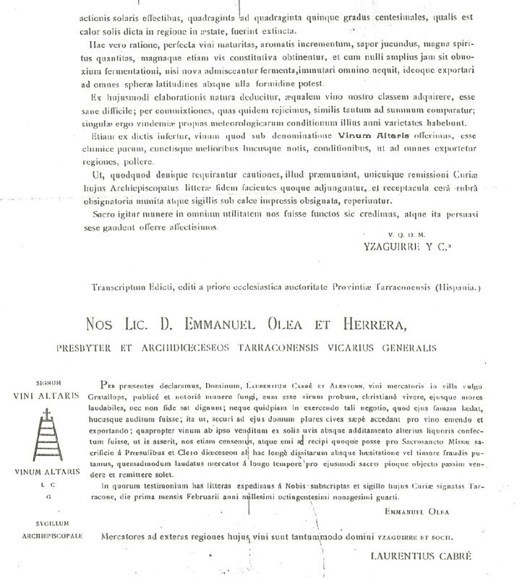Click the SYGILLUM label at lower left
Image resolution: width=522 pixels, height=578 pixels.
[38, 527]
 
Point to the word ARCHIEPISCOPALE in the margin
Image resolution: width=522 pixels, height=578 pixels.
[40, 537]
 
